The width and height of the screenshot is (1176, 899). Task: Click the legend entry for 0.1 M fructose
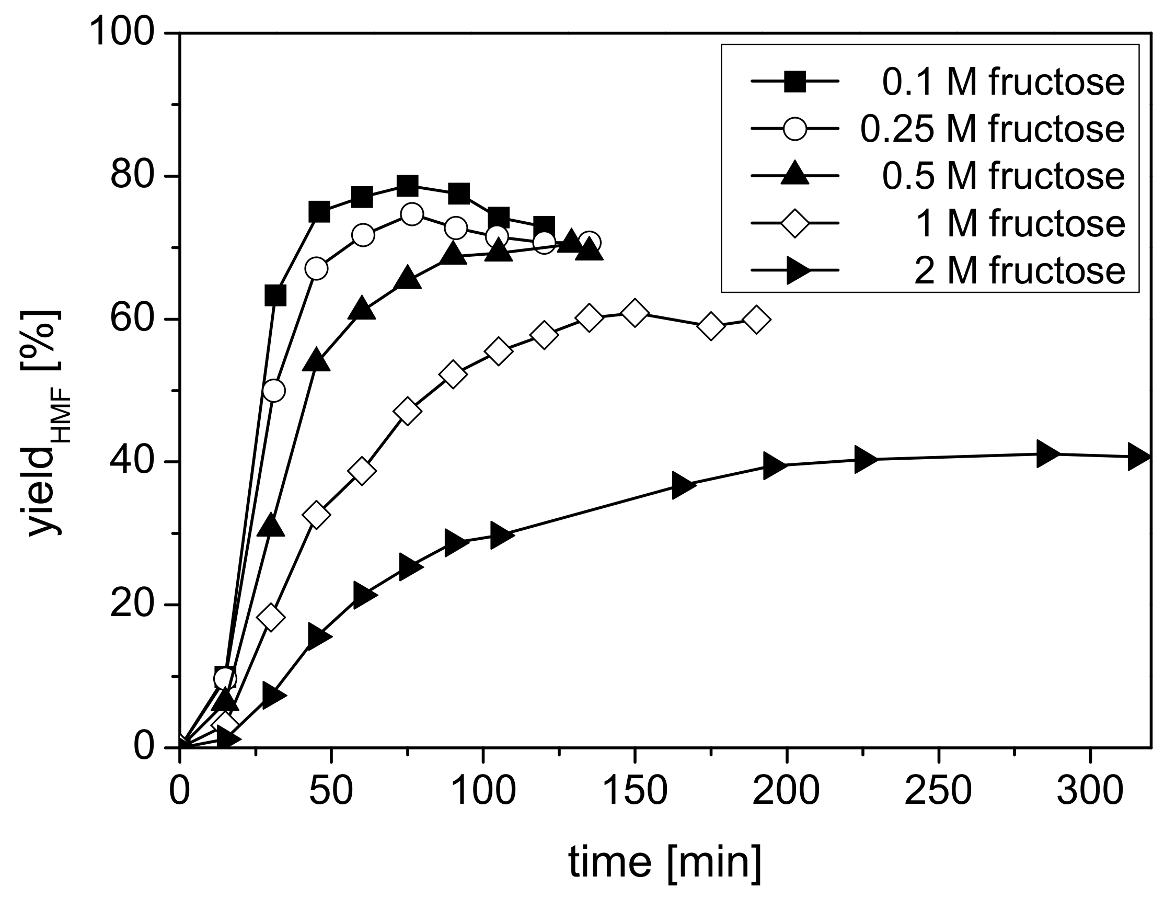[1002, 83]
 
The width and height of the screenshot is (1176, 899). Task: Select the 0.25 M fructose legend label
[992, 130]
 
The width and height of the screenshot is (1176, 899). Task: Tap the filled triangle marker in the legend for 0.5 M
[795, 176]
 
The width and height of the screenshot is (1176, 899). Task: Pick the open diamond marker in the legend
[795, 223]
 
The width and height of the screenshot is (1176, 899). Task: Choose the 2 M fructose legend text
[1019, 270]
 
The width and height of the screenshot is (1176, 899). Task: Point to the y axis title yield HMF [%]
[45, 423]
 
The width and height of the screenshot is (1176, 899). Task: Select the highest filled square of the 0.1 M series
[408, 186]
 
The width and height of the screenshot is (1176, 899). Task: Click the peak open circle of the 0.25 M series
[411, 214]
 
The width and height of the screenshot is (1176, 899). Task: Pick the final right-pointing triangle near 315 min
[1139, 457]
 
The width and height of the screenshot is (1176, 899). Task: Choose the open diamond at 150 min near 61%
[635, 313]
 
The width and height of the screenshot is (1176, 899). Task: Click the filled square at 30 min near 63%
[275, 295]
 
